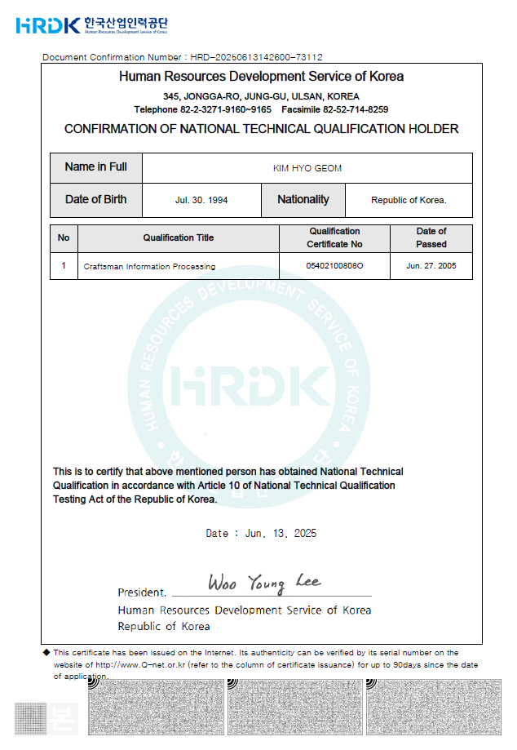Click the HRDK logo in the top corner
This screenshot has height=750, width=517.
(48, 25)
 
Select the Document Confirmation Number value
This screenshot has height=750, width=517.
(257, 57)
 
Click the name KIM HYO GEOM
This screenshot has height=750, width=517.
(307, 168)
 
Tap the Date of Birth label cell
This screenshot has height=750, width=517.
(96, 200)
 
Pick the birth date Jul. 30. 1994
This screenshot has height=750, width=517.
(201, 200)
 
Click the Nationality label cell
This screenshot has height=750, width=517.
(303, 200)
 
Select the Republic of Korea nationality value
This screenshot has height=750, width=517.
(409, 200)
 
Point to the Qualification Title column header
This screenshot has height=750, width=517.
(179, 238)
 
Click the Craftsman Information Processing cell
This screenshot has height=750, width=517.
(149, 266)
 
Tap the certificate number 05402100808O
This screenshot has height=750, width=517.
(334, 266)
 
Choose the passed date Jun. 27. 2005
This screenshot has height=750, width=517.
(431, 266)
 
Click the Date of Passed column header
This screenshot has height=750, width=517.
(431, 238)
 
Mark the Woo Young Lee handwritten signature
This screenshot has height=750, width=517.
(264, 583)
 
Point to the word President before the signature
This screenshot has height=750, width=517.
(142, 592)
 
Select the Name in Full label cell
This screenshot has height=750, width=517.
(96, 167)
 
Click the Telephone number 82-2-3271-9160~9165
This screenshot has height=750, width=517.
(227, 109)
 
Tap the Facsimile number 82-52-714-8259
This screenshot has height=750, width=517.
(356, 109)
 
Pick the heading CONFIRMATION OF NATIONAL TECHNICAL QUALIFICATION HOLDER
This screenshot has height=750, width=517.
(261, 129)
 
